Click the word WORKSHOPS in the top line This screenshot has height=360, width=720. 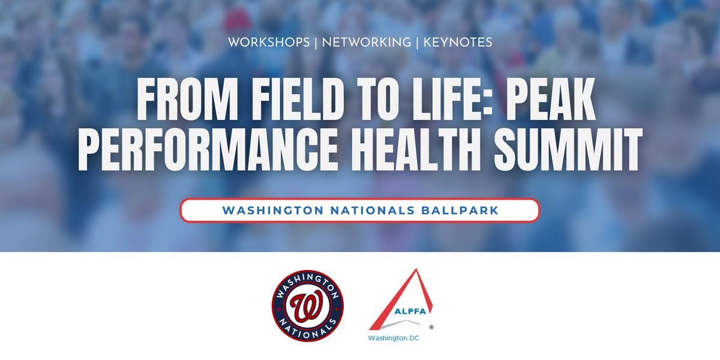pyautogui.click(x=269, y=43)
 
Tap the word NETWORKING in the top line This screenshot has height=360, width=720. pyautogui.click(x=367, y=43)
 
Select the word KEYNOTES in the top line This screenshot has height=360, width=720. pyautogui.click(x=458, y=43)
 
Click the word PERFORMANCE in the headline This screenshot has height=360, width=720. pyautogui.click(x=208, y=149)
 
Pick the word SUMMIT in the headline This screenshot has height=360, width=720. pyautogui.click(x=568, y=149)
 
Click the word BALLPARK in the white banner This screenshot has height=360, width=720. pyautogui.click(x=460, y=211)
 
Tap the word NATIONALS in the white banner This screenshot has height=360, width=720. pyautogui.click(x=373, y=211)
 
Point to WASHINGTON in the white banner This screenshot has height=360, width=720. pyautogui.click(x=273, y=211)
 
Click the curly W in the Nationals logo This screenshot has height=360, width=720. pyautogui.click(x=308, y=306)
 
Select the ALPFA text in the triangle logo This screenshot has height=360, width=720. pyautogui.click(x=410, y=311)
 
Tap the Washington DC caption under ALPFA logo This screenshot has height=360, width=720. pyautogui.click(x=394, y=338)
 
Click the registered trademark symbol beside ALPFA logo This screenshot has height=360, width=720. pyautogui.click(x=431, y=327)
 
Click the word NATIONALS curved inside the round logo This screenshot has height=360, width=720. pyautogui.click(x=308, y=329)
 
